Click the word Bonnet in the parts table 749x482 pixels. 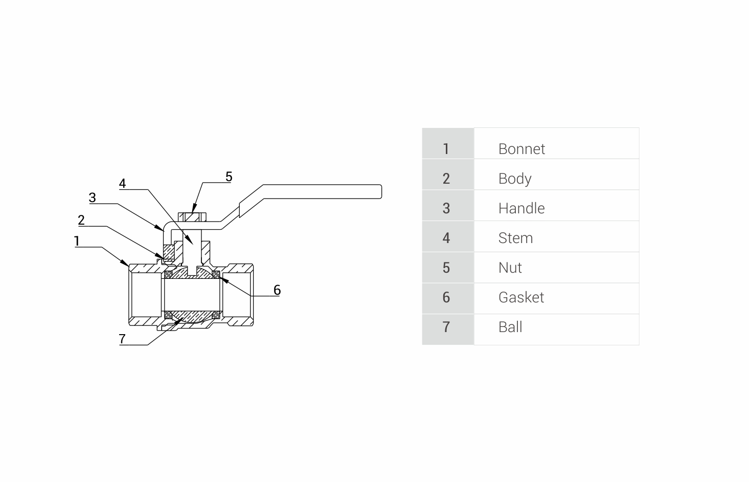pos(521,149)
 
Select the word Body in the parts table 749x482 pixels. pos(515,179)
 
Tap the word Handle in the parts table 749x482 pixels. pos(521,208)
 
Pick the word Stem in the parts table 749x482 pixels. pos(515,238)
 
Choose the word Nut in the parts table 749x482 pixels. pos(510,268)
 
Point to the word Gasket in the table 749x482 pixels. pos(521,297)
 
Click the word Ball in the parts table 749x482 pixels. pos(510,327)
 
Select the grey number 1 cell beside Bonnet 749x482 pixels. pos(446,149)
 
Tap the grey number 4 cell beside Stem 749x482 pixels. pos(446,238)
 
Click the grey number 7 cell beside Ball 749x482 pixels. pos(446,327)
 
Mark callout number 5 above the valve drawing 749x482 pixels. pos(229,177)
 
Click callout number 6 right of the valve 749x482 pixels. pos(277,290)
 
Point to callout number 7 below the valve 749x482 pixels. pos(122,339)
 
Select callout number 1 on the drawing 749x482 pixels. pos(77,241)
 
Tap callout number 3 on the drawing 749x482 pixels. pos(92,198)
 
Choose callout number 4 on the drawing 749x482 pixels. pos(122,183)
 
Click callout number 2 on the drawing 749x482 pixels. pos(81,220)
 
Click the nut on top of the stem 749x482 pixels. pos(192,217)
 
